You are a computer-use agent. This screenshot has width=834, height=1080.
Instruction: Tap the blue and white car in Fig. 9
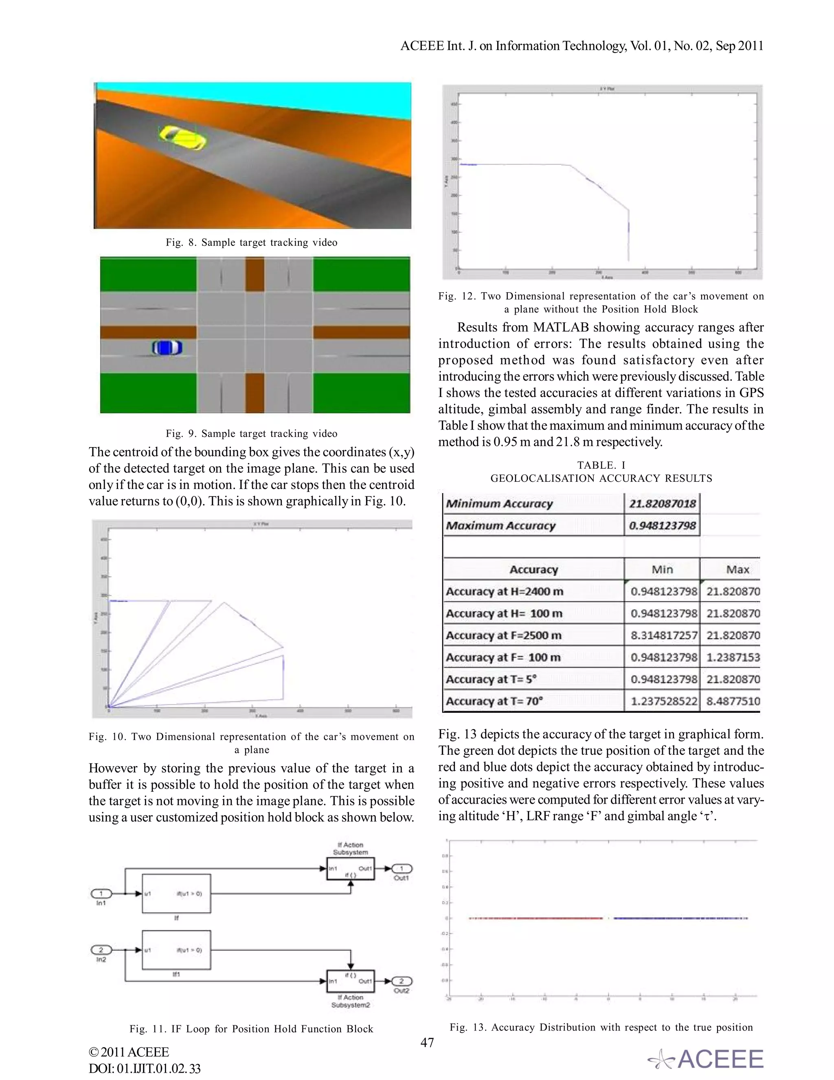pos(167,348)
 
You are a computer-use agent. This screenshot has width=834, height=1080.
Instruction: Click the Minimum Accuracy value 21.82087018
pos(662,504)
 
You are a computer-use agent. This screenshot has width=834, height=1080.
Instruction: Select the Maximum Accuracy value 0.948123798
pos(662,526)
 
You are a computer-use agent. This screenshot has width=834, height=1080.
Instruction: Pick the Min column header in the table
pos(662,569)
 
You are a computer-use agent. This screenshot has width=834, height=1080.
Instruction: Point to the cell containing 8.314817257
pos(663,635)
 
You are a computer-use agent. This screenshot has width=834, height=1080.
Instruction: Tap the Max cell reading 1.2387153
pos(733,657)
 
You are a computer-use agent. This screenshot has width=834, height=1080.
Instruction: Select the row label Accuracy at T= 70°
pos(494,701)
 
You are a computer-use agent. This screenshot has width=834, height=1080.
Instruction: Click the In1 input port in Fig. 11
pos(101,893)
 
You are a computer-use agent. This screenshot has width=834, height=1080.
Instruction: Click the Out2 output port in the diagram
pos(402,981)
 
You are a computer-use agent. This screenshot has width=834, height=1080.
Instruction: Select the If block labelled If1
pos(176,950)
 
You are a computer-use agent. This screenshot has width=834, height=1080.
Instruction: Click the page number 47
pos(427,1043)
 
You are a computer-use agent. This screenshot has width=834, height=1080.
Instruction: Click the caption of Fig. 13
pos(601,1027)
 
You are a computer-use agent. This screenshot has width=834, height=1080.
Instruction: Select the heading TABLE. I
pos(601,465)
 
